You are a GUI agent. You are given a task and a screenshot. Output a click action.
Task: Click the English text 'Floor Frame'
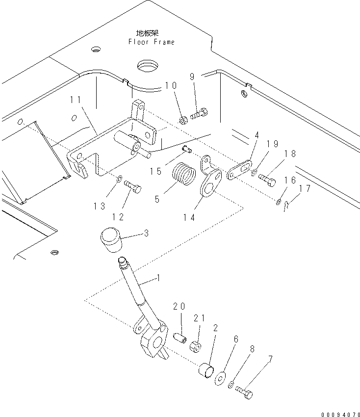(152, 42)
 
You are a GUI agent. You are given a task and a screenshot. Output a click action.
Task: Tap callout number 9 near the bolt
(192, 77)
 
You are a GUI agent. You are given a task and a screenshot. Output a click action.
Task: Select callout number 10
(171, 85)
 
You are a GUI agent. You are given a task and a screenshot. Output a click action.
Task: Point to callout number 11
(76, 100)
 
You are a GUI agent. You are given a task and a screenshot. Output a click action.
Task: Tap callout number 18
(290, 154)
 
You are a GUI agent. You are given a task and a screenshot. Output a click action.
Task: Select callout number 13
(100, 207)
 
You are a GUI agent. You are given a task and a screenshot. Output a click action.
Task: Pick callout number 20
(179, 306)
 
